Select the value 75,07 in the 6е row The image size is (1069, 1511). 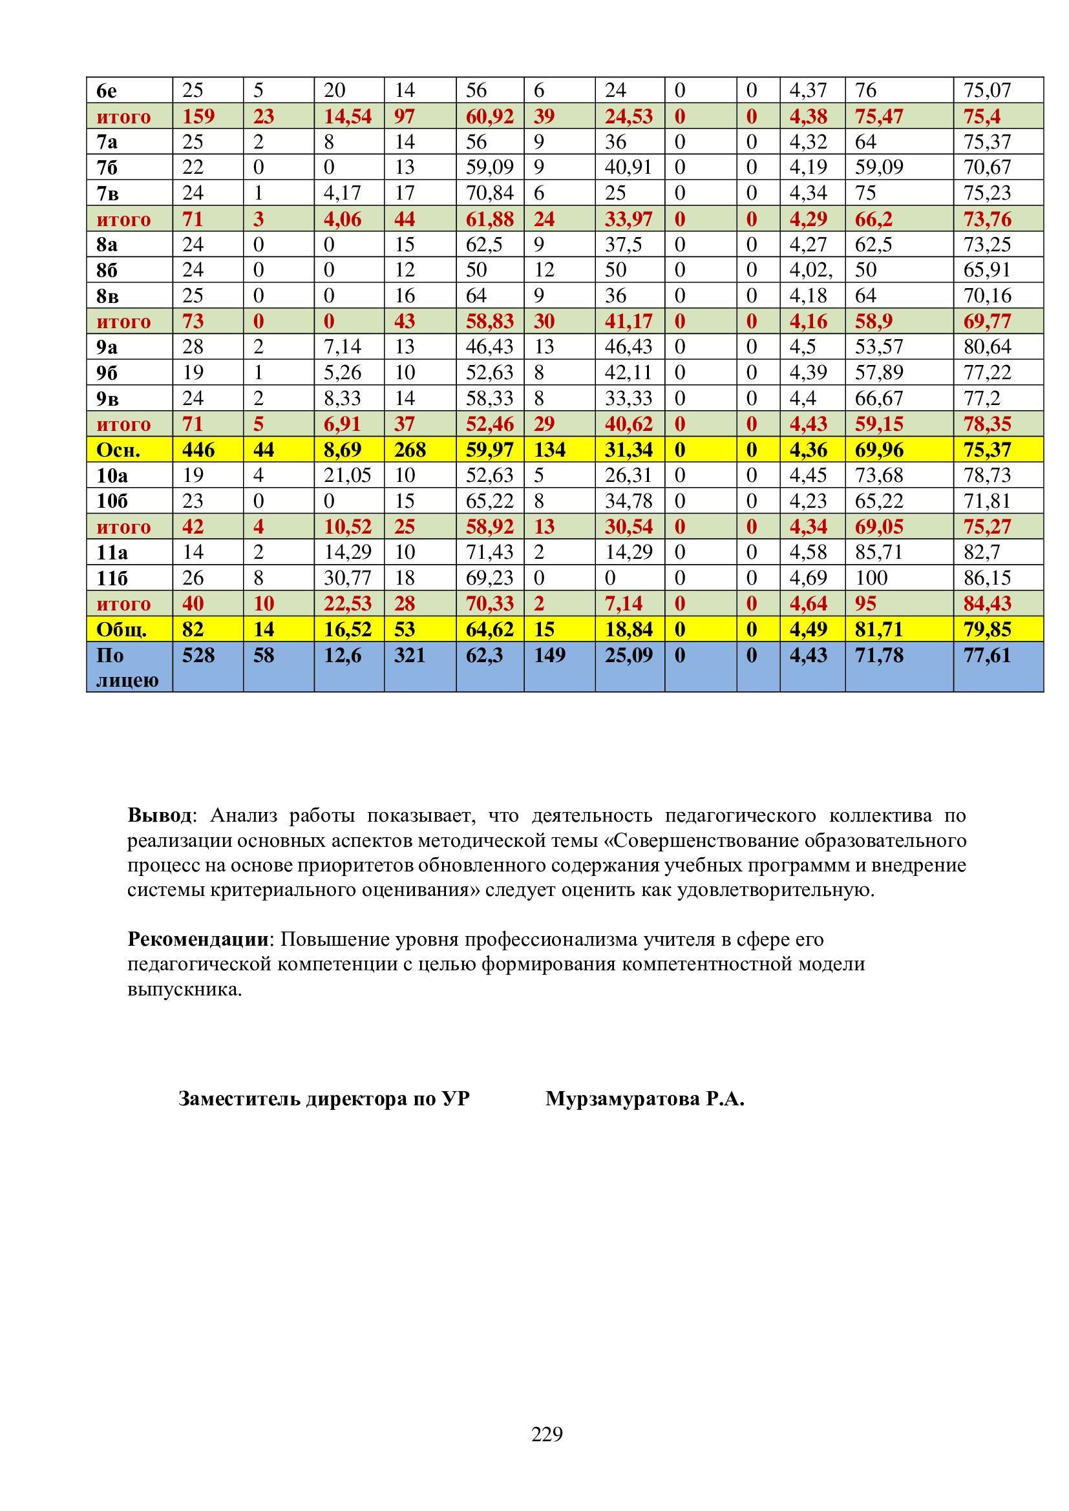click(x=987, y=90)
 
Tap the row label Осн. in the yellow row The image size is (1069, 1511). click(x=118, y=450)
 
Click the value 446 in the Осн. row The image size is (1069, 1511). click(x=198, y=450)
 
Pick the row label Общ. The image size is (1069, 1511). click(x=121, y=630)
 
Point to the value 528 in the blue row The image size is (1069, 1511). click(x=198, y=656)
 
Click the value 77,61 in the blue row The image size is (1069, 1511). click(x=987, y=656)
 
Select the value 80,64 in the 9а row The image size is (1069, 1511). click(x=987, y=347)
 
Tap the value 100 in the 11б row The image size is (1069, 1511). click(x=871, y=578)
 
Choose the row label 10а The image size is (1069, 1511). click(x=111, y=475)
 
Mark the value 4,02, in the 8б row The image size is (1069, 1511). click(x=811, y=270)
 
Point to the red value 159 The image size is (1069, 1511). click(x=198, y=116)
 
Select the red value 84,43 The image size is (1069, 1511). click(x=987, y=603)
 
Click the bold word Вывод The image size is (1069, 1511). click(x=160, y=816)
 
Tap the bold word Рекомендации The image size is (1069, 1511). click(x=198, y=939)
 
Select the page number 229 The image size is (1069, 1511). click(x=547, y=1433)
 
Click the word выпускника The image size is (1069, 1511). click(x=184, y=989)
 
